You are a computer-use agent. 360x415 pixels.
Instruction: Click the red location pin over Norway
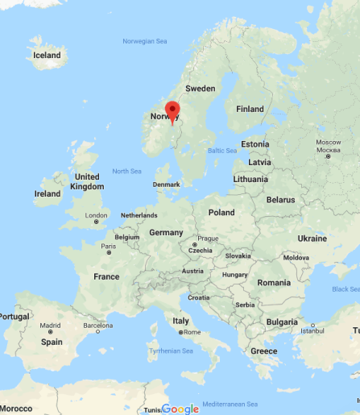point(172,111)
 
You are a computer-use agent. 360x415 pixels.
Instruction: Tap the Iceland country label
point(46,55)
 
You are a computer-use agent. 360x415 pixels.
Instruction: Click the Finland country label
point(250,109)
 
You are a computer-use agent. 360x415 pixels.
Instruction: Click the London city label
point(97,215)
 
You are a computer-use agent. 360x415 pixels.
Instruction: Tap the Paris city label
point(108,245)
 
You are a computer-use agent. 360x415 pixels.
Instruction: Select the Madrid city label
point(50,326)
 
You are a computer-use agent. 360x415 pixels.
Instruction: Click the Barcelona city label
point(97,326)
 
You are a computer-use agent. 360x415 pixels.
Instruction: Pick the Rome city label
point(192,332)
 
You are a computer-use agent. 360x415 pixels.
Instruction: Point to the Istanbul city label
point(312,330)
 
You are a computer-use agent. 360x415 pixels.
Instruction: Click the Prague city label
point(208,238)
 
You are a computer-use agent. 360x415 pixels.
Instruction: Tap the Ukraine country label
point(312,239)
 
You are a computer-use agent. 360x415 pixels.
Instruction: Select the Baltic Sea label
point(221,151)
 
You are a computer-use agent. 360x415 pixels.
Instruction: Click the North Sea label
point(126,171)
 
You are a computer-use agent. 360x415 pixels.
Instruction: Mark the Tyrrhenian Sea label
point(171,351)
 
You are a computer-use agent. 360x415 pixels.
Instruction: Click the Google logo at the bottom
point(180,409)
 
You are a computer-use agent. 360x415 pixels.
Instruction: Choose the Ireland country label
point(48,193)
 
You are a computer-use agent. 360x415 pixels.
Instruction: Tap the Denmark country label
point(166,185)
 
